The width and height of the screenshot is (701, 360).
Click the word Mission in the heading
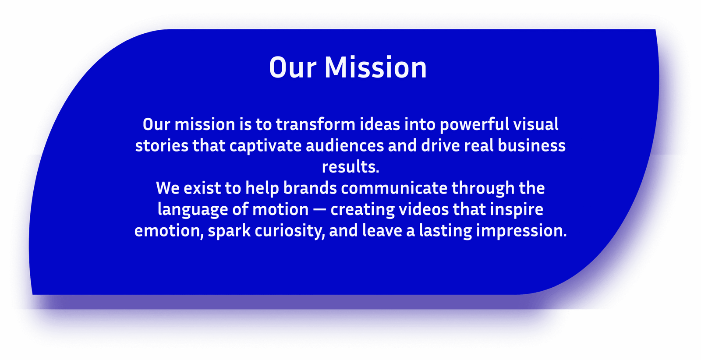click(375, 67)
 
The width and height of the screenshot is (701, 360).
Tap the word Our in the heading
click(293, 67)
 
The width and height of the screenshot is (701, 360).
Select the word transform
click(315, 124)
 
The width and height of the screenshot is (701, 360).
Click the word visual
click(536, 124)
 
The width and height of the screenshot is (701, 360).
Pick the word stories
click(162, 146)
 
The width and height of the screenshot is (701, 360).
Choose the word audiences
click(345, 145)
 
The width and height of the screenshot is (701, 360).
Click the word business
click(532, 145)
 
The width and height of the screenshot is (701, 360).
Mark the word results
click(350, 167)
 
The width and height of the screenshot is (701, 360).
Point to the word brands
click(310, 188)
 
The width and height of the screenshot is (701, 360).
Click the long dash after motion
click(319, 210)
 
